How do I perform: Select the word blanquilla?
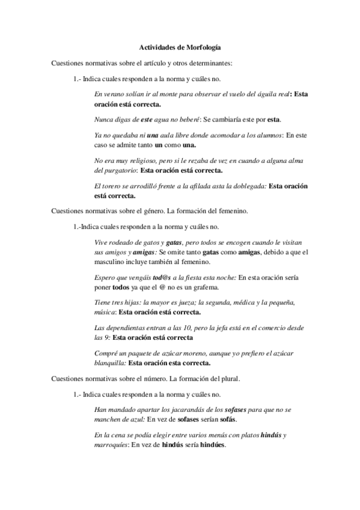[111, 363]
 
